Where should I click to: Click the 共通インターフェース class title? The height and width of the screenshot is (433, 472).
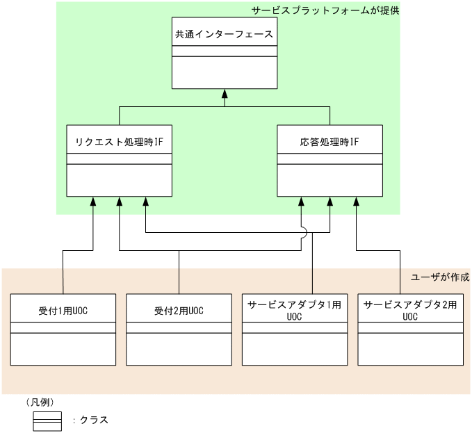click(224, 33)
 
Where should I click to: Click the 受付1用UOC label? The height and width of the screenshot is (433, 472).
click(63, 311)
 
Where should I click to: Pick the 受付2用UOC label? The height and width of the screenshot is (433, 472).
click(179, 311)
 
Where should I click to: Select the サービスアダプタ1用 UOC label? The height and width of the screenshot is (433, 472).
click(294, 310)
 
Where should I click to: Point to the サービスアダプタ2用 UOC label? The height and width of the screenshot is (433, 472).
click(409, 310)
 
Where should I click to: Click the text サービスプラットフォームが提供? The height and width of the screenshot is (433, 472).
click(325, 11)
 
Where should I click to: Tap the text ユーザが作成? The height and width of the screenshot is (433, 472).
click(440, 277)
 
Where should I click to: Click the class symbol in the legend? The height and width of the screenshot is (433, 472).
click(47, 420)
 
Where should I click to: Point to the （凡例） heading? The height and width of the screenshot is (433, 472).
click(40, 402)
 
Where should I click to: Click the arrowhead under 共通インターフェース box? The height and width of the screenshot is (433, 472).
click(225, 94)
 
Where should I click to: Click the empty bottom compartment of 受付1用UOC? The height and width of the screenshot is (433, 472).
click(63, 349)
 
